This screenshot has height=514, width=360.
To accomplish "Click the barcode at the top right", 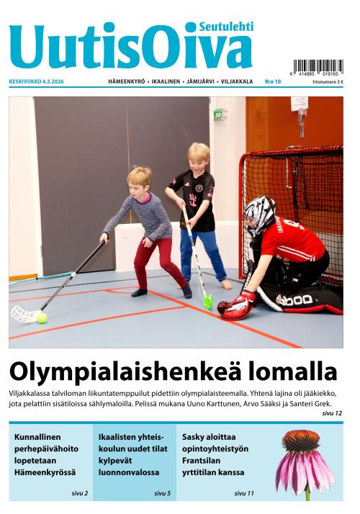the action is pyautogui.click(x=318, y=67).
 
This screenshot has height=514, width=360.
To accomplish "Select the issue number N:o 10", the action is pyautogui.click(x=274, y=82).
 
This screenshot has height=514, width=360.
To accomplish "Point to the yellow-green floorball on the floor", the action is pyautogui.click(x=42, y=317).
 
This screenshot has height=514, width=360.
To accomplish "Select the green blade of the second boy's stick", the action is pyautogui.click(x=207, y=301).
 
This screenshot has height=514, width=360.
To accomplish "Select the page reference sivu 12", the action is pyautogui.click(x=333, y=413).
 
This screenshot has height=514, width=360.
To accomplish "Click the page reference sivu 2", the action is pyautogui.click(x=79, y=493).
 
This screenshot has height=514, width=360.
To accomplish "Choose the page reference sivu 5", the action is pyautogui.click(x=163, y=493).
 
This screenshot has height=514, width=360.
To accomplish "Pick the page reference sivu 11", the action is pyautogui.click(x=244, y=493).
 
